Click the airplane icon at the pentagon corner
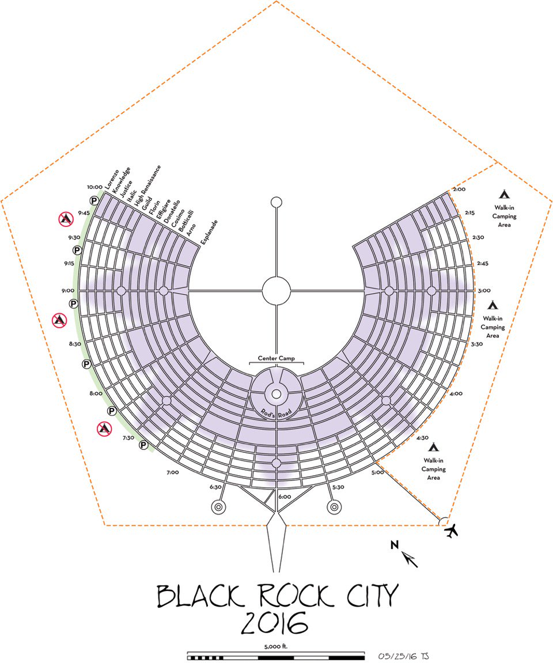tap(453, 531)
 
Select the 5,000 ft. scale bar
tap(276, 656)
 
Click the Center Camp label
tap(276, 358)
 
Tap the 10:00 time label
tap(96, 187)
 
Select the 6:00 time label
tap(285, 497)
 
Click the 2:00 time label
tap(459, 189)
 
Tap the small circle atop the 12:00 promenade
tap(276, 202)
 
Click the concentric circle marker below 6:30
tap(219, 507)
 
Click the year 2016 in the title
tap(275, 623)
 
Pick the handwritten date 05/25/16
tap(397, 656)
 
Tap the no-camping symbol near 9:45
tap(65, 218)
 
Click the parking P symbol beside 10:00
tap(93, 200)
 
